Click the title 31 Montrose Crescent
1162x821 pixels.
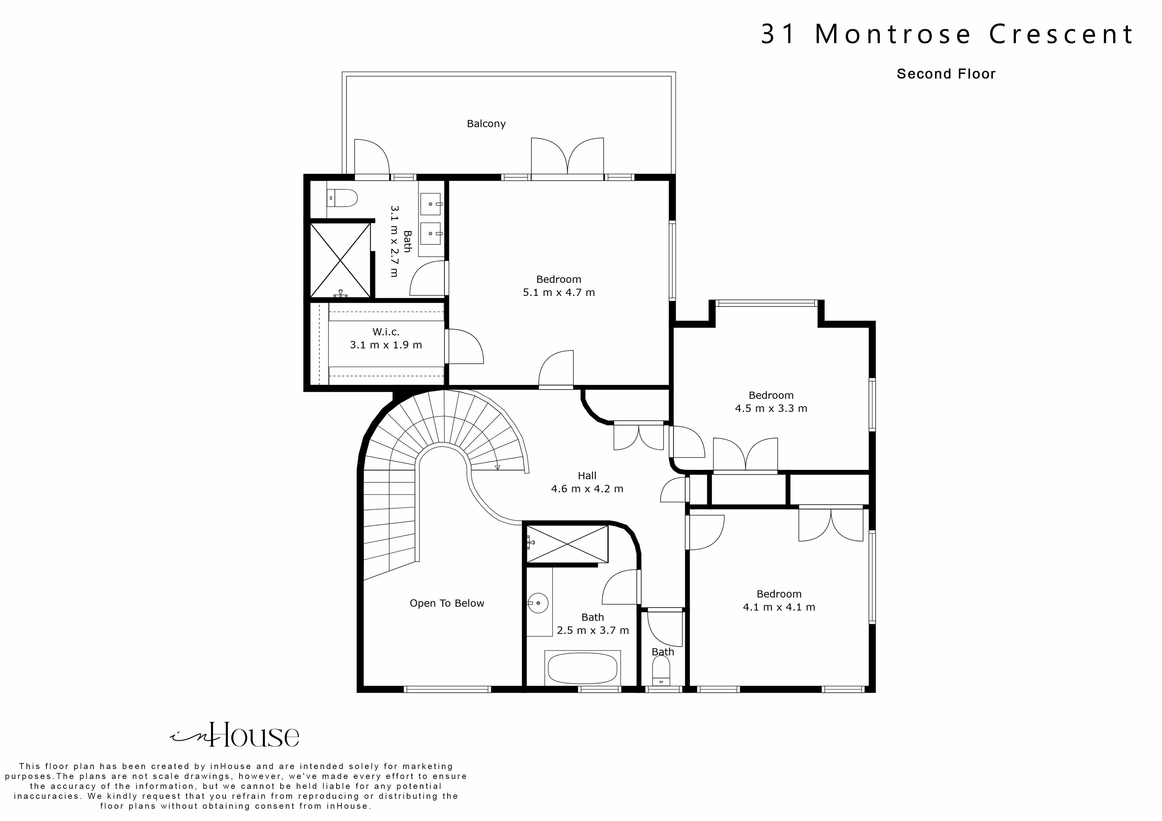[x=946, y=34]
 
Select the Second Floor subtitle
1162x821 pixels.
[x=945, y=74]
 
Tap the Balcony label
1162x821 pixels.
[x=486, y=124]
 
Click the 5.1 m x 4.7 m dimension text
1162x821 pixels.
[x=558, y=292]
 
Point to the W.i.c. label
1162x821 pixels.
[x=386, y=332]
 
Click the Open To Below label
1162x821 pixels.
[x=447, y=603]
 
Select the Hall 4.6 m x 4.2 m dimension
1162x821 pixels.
[x=587, y=489]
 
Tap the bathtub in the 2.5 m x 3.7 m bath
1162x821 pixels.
[x=583, y=668]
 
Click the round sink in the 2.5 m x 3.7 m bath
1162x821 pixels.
[x=538, y=603]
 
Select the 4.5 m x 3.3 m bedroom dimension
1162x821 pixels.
[x=770, y=408]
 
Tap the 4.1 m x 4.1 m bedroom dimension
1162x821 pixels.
[x=778, y=607]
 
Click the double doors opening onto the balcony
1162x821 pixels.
[x=567, y=157]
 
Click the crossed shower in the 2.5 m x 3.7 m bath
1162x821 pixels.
[x=567, y=544]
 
